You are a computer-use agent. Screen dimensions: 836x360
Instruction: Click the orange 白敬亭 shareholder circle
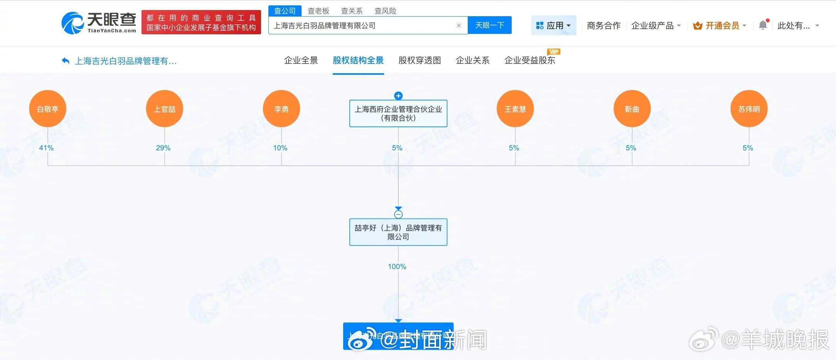click(x=48, y=109)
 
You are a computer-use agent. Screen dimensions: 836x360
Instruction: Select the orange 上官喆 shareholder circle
click(x=165, y=109)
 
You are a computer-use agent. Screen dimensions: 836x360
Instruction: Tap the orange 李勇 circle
click(x=281, y=109)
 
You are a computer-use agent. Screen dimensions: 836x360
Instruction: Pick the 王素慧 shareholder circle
click(x=515, y=109)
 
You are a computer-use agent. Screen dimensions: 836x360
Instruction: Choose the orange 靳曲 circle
click(x=632, y=109)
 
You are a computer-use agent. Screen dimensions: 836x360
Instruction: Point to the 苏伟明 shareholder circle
click(x=749, y=109)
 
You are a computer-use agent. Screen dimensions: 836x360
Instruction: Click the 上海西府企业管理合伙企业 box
click(x=398, y=114)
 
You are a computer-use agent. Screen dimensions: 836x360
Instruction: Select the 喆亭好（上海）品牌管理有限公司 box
click(x=398, y=232)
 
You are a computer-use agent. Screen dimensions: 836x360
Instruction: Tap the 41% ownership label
click(x=46, y=148)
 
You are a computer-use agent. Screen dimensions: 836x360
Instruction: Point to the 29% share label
click(x=163, y=148)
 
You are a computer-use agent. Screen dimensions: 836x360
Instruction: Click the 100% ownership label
click(x=397, y=267)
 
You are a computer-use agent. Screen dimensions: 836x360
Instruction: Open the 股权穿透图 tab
click(x=420, y=61)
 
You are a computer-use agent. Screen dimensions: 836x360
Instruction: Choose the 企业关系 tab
click(x=472, y=61)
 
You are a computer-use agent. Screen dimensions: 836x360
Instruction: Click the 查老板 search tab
click(x=318, y=11)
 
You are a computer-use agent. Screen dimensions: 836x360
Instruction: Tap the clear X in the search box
click(x=458, y=25)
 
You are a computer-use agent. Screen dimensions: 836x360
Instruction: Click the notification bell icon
click(x=763, y=25)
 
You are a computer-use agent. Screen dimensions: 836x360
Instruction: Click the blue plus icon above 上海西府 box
click(x=398, y=96)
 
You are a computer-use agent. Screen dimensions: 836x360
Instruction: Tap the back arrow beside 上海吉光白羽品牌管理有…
click(x=66, y=61)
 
